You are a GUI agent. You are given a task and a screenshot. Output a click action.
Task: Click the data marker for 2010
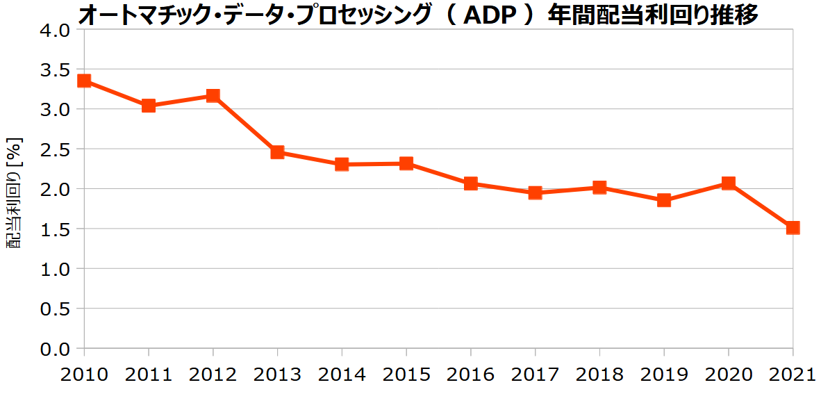(84, 81)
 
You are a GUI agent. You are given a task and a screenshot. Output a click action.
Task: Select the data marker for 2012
(213, 95)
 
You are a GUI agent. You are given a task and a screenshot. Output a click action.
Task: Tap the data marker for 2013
(277, 152)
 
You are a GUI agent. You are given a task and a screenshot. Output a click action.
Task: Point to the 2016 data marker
(470, 183)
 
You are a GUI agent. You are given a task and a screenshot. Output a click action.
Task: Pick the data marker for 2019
(663, 200)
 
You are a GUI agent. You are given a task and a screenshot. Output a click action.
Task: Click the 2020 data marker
(728, 183)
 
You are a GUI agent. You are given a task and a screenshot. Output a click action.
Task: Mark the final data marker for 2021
(793, 227)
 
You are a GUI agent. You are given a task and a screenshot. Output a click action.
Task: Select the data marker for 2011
(148, 106)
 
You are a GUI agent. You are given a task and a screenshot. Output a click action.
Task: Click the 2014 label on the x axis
(342, 375)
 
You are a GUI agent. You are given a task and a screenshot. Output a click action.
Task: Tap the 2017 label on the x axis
(535, 375)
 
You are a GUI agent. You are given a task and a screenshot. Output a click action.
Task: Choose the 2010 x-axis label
(84, 375)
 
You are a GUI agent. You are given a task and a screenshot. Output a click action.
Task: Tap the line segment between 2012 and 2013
(244, 124)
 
